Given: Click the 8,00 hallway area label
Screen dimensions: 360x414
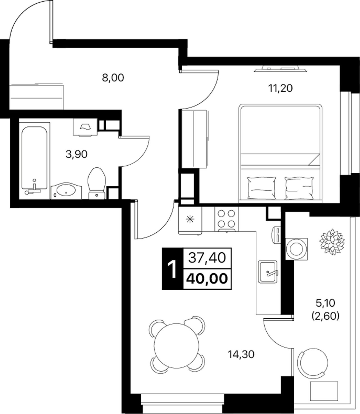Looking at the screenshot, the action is coord(113,78).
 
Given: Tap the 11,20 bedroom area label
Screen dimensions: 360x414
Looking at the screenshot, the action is coord(280,88).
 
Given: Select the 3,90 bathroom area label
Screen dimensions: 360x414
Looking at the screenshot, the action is coord(76,155).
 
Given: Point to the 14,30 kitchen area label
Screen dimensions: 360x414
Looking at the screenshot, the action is coord(241,354).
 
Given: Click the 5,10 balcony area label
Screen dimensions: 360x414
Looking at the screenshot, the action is coord(325,309).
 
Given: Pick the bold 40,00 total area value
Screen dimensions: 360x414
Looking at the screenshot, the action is coord(207,279).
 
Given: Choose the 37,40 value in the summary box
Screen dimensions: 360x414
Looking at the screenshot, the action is coord(207,258).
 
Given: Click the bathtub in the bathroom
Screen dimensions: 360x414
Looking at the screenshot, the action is coord(35,161).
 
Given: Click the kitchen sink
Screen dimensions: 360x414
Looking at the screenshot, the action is coord(268,272).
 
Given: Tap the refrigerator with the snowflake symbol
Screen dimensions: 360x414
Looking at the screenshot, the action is coord(190,220).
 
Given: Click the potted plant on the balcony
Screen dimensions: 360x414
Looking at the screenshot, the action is coord(332,242).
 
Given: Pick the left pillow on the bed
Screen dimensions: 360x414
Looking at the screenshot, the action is coord(262,188).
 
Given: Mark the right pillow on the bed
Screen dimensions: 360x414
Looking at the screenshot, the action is coord(299,188).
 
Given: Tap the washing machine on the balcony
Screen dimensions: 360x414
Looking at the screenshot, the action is coord(296,249).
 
